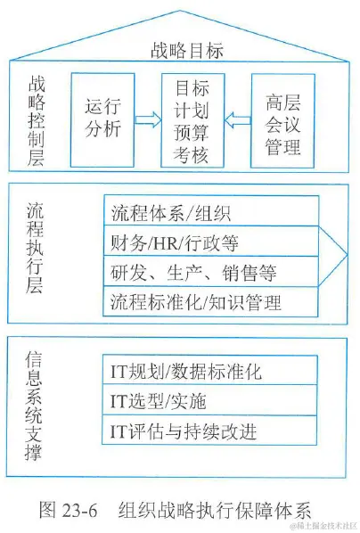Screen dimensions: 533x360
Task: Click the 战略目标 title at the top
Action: click(186, 51)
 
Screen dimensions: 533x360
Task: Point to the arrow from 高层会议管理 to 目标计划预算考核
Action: click(235, 117)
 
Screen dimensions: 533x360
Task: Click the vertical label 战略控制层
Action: click(38, 120)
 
